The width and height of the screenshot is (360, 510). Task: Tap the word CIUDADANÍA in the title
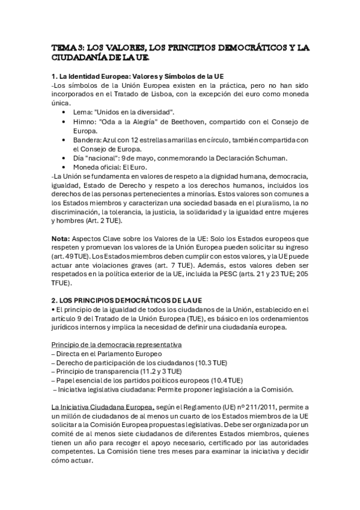pyautogui.click(x=81, y=58)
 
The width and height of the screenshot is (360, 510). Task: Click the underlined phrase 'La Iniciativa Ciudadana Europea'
pyautogui.click(x=103, y=407)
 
